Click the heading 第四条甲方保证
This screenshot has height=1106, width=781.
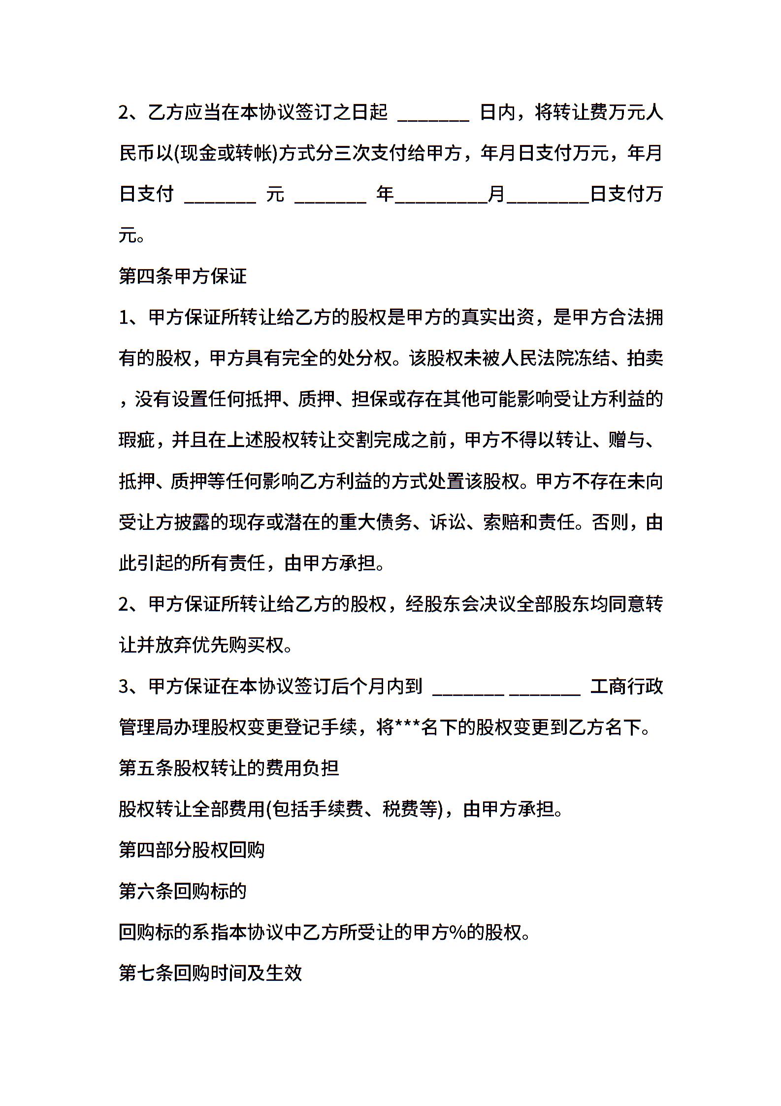pyautogui.click(x=183, y=276)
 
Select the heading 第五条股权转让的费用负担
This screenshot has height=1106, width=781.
pyautogui.click(x=229, y=768)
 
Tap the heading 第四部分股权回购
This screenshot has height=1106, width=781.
pyautogui.click(x=192, y=850)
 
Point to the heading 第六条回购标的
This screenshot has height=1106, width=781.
pyautogui.click(x=183, y=891)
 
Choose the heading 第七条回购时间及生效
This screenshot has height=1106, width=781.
pyautogui.click(x=210, y=973)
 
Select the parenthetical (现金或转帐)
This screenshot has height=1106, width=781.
pyautogui.click(x=227, y=154)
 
